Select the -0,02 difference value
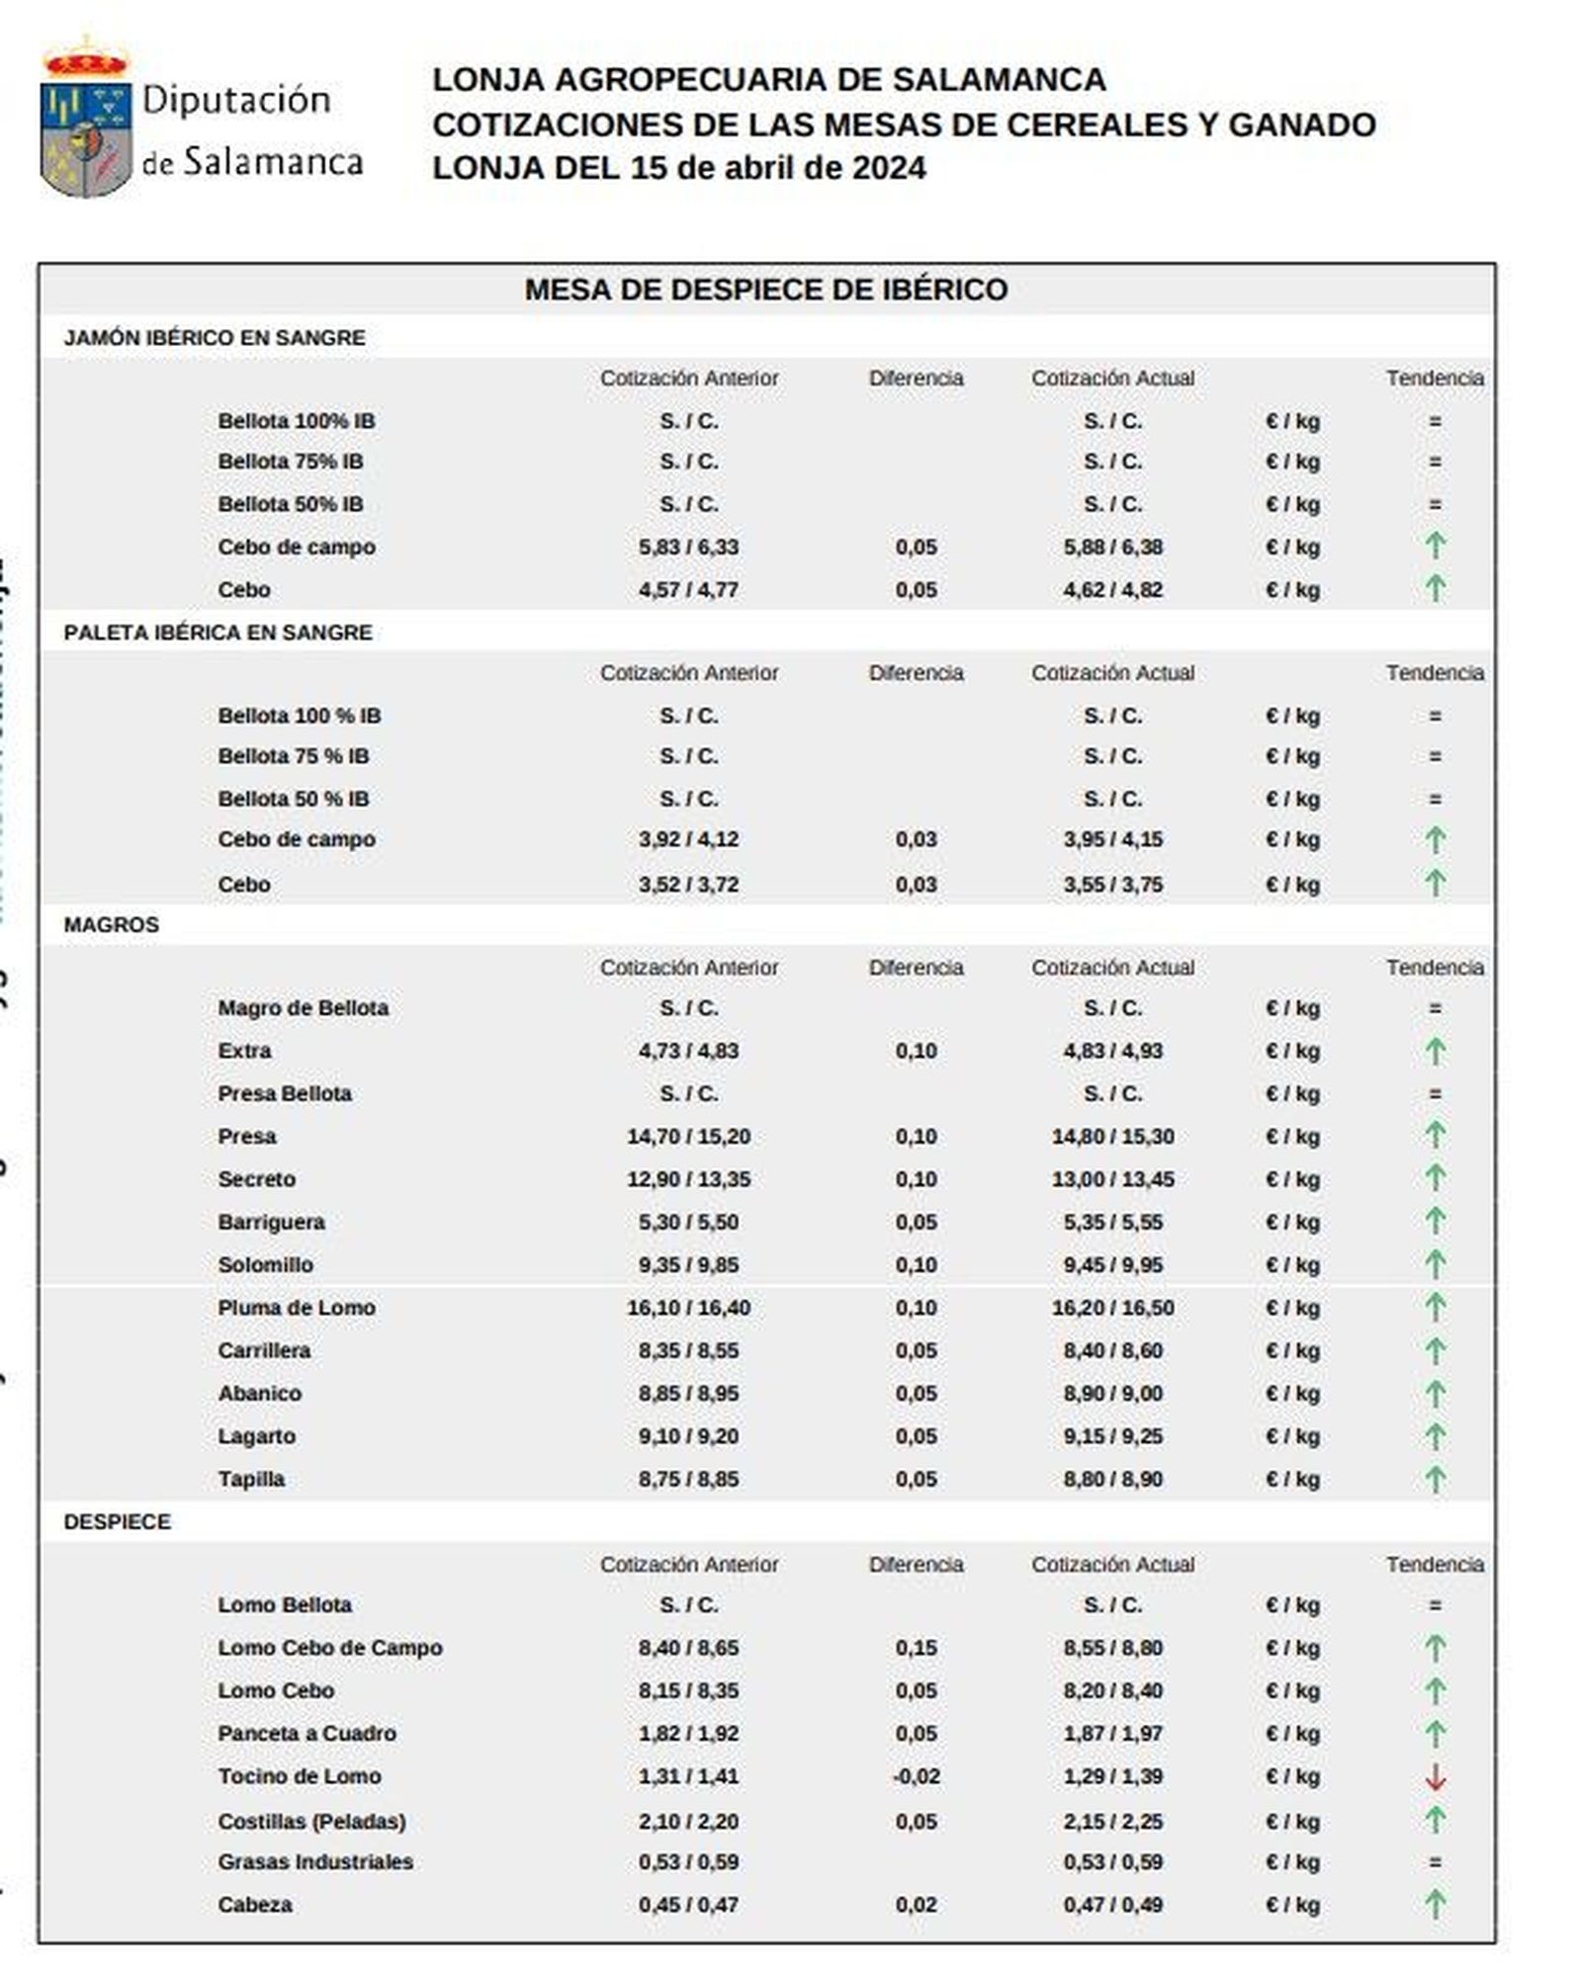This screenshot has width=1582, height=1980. (916, 1776)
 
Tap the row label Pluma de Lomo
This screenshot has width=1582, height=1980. (297, 1308)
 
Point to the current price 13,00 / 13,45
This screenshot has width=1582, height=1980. (1112, 1179)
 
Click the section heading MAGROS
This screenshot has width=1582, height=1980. (111, 925)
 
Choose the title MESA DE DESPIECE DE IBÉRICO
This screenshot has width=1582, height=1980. (765, 290)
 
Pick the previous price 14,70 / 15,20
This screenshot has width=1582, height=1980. (688, 1137)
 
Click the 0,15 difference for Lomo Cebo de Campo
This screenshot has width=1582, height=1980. (916, 1648)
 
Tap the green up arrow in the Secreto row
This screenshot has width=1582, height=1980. (1435, 1178)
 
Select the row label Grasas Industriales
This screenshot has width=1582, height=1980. (315, 1862)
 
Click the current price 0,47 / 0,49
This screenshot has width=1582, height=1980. (1112, 1905)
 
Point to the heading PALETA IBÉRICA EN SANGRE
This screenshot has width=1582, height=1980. (218, 633)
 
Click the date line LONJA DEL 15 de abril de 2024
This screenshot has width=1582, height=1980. (678, 168)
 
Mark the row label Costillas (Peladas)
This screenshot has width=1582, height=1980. (311, 1821)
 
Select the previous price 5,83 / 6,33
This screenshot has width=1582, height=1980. (688, 548)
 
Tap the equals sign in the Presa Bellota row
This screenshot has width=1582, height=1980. (1435, 1094)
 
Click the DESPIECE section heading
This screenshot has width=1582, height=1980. (117, 1522)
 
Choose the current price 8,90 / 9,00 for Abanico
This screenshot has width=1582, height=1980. (1112, 1394)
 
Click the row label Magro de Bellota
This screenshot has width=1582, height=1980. (303, 1008)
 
